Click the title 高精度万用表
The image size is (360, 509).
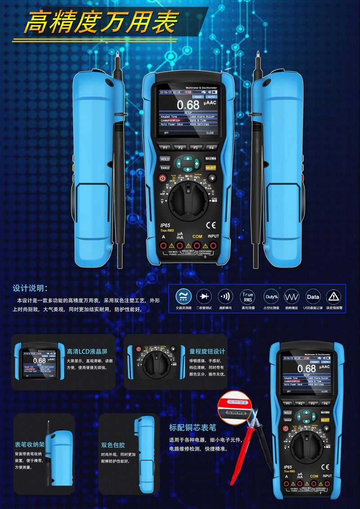[x=101, y=23]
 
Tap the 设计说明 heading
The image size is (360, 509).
[x=30, y=288]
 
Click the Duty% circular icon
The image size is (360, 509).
[x=271, y=297]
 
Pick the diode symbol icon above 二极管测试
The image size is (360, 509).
[x=204, y=297]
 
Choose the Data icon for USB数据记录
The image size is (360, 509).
[x=313, y=297]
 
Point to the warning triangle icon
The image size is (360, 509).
[x=334, y=297]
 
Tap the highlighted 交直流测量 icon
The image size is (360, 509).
[x=182, y=297]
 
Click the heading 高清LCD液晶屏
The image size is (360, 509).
[x=87, y=351]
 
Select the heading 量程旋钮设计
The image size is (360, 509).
[x=207, y=351]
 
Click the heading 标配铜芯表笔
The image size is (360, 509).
[x=193, y=428]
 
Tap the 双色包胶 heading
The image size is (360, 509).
[x=113, y=445]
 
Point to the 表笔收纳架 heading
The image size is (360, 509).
[x=30, y=445]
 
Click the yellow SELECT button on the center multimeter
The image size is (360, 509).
[x=211, y=168]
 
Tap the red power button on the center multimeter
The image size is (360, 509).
[x=162, y=179]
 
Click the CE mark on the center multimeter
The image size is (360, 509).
[x=211, y=225]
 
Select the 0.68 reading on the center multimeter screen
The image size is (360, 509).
[x=188, y=105]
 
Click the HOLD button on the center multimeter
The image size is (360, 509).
[x=165, y=159]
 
